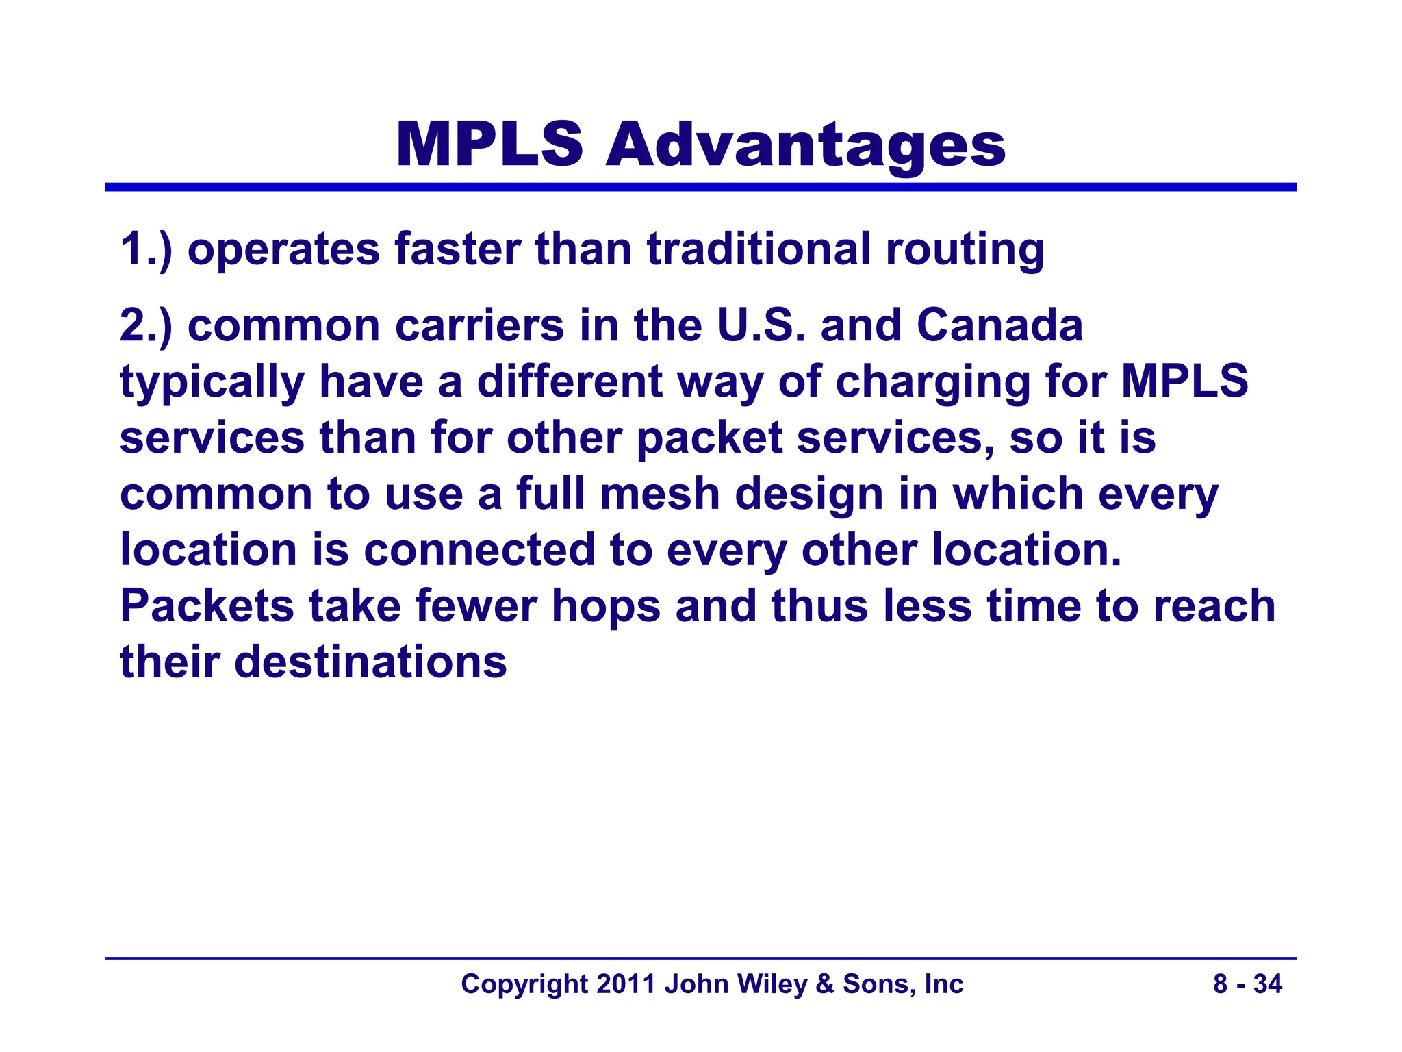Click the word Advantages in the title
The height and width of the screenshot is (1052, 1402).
coord(806,145)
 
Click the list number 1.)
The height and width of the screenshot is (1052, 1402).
coord(146,249)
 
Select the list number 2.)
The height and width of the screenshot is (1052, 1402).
coord(146,325)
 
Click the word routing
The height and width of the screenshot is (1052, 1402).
coord(965,250)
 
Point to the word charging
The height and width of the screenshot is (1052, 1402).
coord(932,383)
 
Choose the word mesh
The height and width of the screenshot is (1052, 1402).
coord(659,494)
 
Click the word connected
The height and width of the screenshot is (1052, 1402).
coord(479,550)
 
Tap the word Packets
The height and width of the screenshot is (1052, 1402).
coord(207,606)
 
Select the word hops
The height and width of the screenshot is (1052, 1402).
coord(606,608)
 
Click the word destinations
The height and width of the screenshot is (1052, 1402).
coord(370,662)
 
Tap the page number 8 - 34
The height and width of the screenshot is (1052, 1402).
coord(1247,984)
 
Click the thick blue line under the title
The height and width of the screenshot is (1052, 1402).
coord(701,187)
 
